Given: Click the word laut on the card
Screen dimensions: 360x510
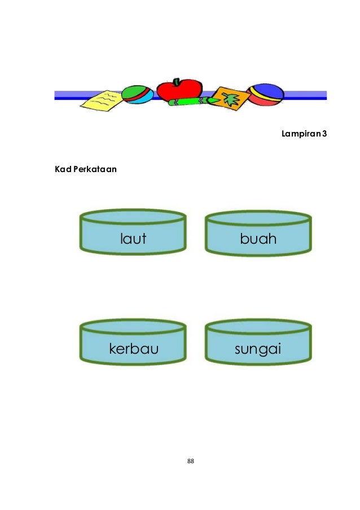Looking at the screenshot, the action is point(133,239).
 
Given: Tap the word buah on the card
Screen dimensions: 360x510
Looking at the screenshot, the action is point(258,239).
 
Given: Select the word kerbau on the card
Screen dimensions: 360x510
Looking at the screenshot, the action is point(134,348).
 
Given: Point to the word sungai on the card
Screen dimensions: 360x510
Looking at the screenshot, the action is point(258,349).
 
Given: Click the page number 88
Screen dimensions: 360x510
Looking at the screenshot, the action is point(191,461).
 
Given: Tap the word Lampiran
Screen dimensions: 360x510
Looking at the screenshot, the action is point(301,134).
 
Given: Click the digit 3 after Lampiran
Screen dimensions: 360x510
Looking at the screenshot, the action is point(324,133).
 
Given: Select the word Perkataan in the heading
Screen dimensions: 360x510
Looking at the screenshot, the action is point(95,169).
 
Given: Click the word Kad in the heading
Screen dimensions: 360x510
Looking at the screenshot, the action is point(63,169).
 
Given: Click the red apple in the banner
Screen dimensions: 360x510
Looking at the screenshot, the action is point(179,90).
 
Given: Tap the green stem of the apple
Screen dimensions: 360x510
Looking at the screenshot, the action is point(176,82).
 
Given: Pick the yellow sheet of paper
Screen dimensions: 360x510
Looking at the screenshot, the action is point(102,101).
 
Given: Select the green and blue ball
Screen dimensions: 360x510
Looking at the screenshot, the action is point(138,94).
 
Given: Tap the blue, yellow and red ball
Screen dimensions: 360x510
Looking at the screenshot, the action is point(265,94).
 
